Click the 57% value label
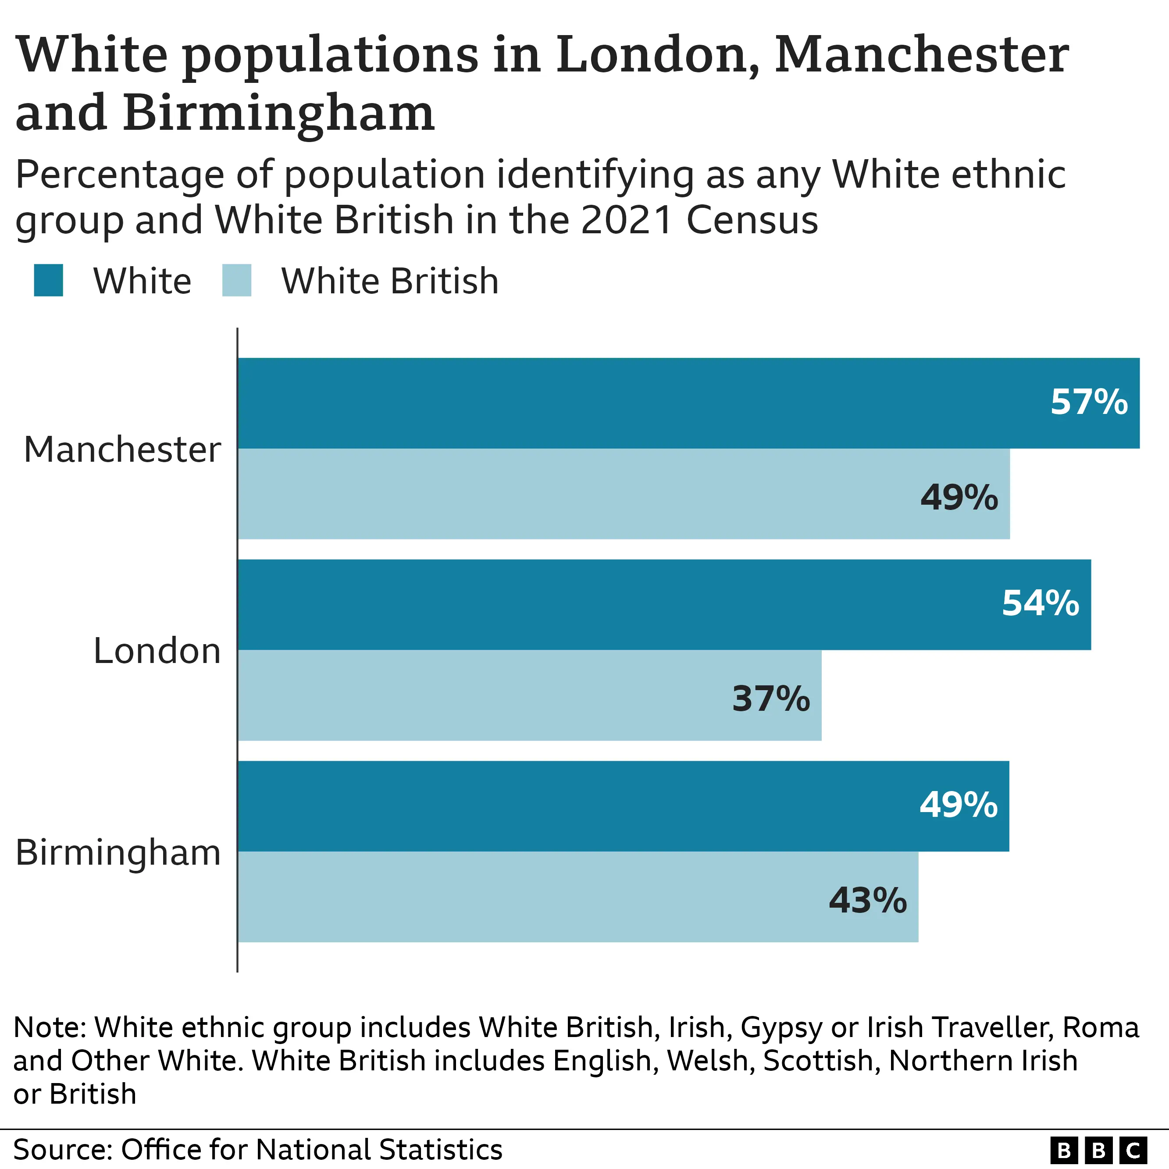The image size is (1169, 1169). [x=1088, y=403]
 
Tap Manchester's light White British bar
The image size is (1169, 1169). [x=575, y=494]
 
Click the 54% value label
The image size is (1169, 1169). [x=1040, y=604]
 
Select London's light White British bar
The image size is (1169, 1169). [x=484, y=695]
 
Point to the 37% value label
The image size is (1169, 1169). [x=771, y=699]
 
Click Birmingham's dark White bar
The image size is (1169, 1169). [x=575, y=806]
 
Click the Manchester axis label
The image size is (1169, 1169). [x=122, y=450]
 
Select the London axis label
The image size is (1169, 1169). [x=157, y=652]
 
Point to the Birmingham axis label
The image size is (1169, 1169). [x=118, y=854]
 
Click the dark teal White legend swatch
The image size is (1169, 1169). [x=48, y=281]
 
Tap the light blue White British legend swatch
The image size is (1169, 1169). [x=237, y=281]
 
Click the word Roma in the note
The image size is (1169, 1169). [x=1101, y=1027]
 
